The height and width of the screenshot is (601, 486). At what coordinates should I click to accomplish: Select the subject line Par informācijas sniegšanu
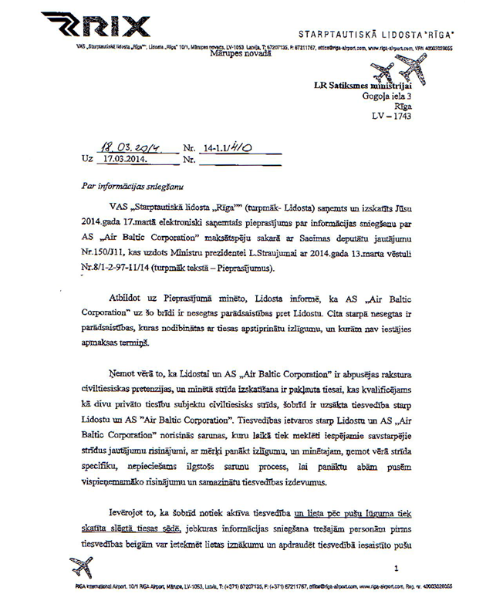click(x=129, y=187)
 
